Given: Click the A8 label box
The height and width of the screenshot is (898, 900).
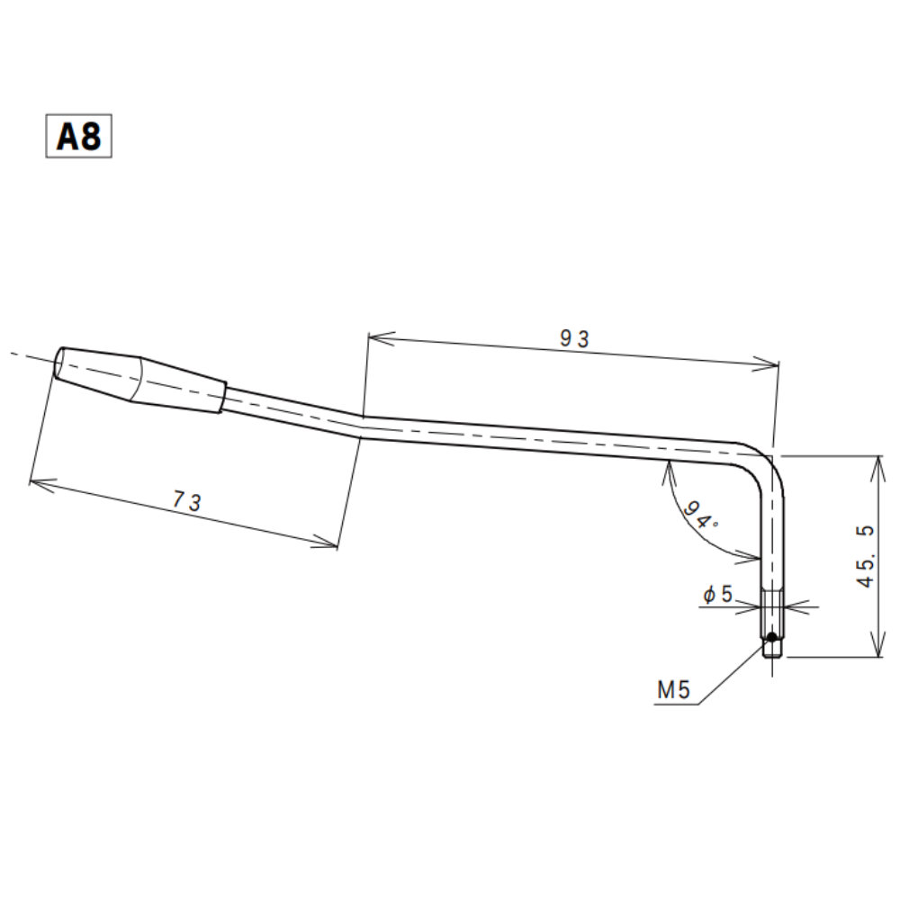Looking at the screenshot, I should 79,136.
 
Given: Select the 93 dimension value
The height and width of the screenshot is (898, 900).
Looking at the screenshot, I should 573,338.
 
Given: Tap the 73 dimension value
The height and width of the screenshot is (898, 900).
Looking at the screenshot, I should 186,503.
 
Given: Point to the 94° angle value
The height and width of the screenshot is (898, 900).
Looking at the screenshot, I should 700,516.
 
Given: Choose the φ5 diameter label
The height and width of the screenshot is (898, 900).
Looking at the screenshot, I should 717,594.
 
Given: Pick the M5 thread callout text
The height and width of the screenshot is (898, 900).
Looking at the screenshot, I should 672,691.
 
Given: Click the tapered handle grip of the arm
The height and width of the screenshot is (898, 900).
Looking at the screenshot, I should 140,381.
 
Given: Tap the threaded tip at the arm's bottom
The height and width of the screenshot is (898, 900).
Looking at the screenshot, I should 772,644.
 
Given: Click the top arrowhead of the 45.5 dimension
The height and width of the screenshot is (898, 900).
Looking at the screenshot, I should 876,460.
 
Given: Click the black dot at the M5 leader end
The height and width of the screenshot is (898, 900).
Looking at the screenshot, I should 771,638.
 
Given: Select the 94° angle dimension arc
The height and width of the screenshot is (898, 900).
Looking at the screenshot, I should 684,522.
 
